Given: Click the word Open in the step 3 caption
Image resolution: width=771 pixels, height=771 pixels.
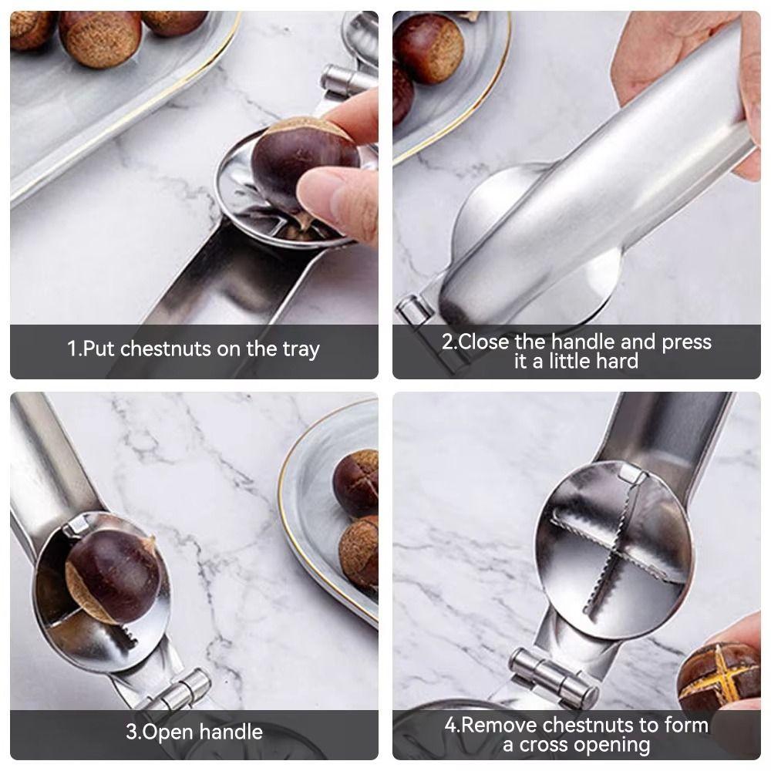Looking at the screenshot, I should [x=173, y=731].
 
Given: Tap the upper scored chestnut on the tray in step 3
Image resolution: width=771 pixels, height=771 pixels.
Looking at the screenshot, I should [x=356, y=483].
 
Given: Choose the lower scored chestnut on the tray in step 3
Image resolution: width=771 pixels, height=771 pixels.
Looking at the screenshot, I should [x=359, y=552].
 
